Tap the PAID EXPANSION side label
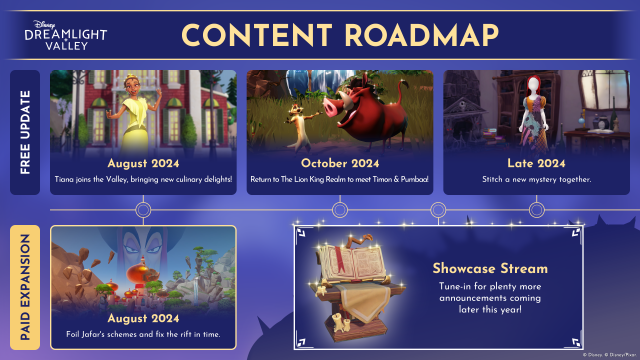(27, 286)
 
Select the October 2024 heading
(340, 163)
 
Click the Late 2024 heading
(537, 163)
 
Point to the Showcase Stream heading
(489, 268)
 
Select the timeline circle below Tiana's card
(143, 210)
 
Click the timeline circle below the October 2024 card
(340, 210)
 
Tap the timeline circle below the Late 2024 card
(537, 210)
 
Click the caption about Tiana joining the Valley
(143, 179)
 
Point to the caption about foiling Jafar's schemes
(143, 333)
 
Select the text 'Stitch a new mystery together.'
(537, 179)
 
